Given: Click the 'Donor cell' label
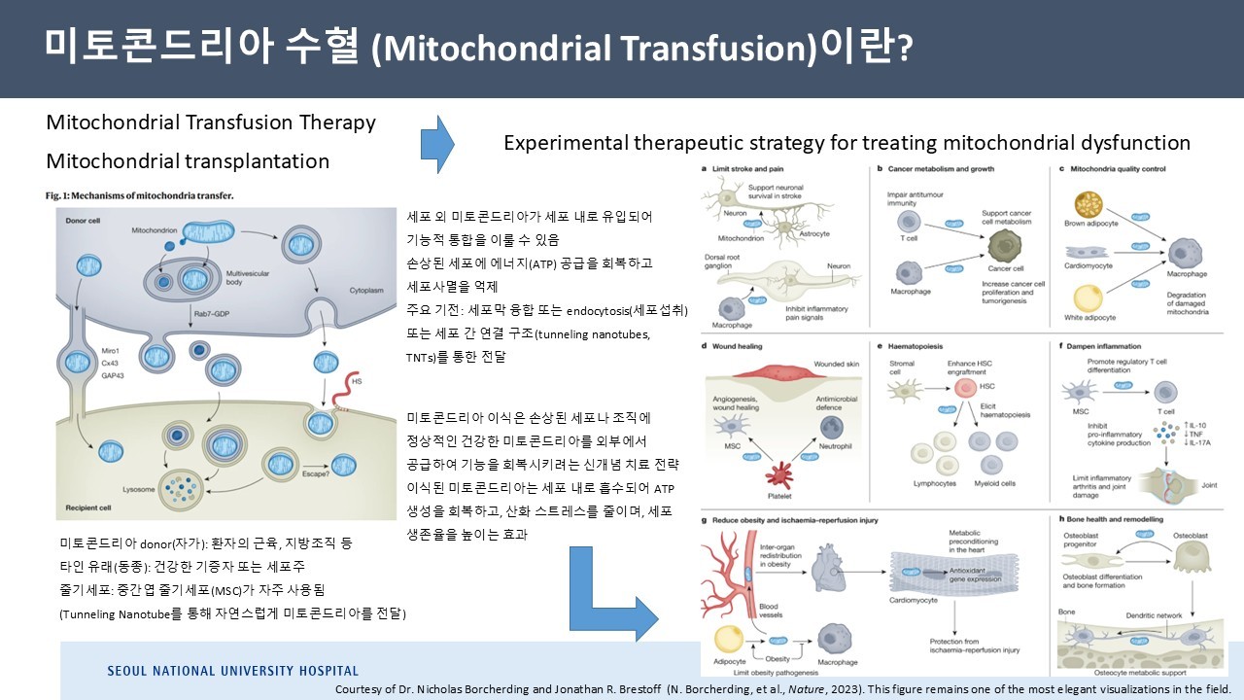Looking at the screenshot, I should pyautogui.click(x=86, y=222).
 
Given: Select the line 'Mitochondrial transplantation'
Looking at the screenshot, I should pyautogui.click(x=188, y=161).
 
